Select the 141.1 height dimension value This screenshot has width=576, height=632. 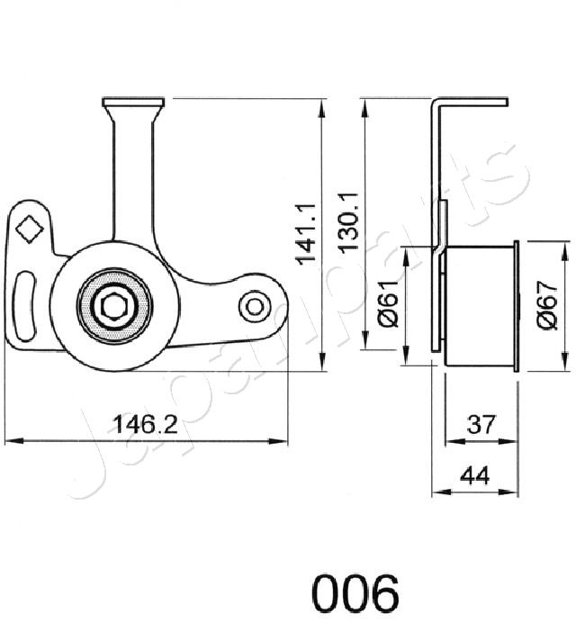coord(309,233)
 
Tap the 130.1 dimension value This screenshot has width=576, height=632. coord(350,221)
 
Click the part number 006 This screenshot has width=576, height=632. coord(355,594)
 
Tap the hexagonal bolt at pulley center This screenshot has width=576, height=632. coord(113,307)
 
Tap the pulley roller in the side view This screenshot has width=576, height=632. coord(479,305)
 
